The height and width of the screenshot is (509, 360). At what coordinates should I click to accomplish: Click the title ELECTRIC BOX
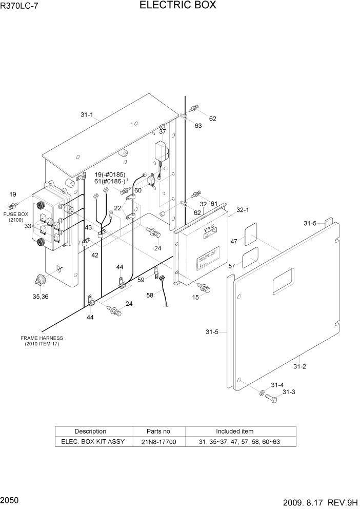(x=177, y=6)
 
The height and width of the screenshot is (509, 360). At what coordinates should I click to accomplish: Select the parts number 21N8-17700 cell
(x=158, y=441)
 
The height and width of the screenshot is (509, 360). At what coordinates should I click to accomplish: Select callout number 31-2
(x=299, y=366)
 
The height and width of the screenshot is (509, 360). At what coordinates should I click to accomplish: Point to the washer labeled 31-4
(x=262, y=393)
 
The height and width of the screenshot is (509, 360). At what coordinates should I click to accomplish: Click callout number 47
(x=234, y=241)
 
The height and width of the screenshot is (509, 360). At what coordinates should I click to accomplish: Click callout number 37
(x=163, y=132)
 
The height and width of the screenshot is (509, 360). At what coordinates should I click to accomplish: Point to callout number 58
(x=150, y=296)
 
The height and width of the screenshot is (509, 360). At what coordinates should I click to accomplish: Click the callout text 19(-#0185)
(x=109, y=174)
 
